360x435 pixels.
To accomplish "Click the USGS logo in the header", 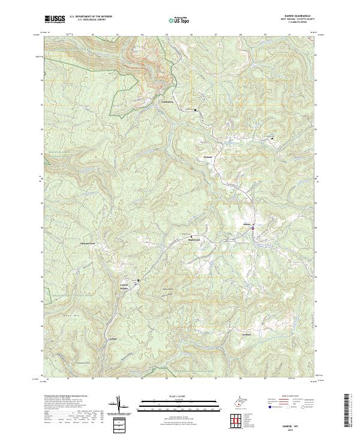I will click(54, 19).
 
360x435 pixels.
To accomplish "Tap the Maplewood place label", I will click(189, 239).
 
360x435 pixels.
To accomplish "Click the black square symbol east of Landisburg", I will click(195, 110).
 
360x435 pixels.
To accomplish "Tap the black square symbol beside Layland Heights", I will click(138, 280).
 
